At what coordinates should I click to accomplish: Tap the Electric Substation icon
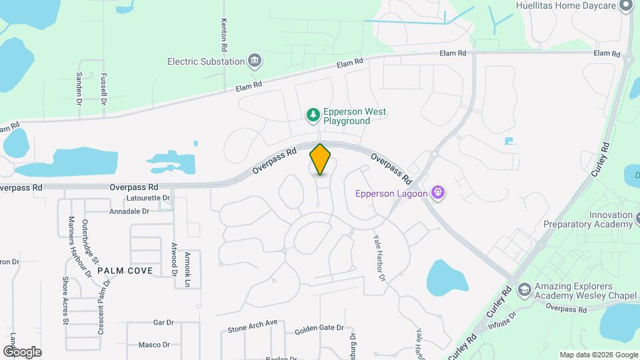[254, 62]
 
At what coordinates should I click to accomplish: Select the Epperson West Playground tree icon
[313, 117]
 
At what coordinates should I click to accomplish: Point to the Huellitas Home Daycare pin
[625, 6]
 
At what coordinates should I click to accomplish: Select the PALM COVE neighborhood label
[125, 271]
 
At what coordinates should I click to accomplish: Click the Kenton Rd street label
[225, 35]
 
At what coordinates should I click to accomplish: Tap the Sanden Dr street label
[79, 89]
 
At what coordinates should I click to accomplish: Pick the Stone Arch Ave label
[252, 326]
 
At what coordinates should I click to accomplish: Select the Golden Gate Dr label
[319, 328]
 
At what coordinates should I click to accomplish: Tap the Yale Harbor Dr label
[379, 257]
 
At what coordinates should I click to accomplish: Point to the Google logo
[22, 351]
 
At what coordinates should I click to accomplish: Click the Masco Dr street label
[154, 345]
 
